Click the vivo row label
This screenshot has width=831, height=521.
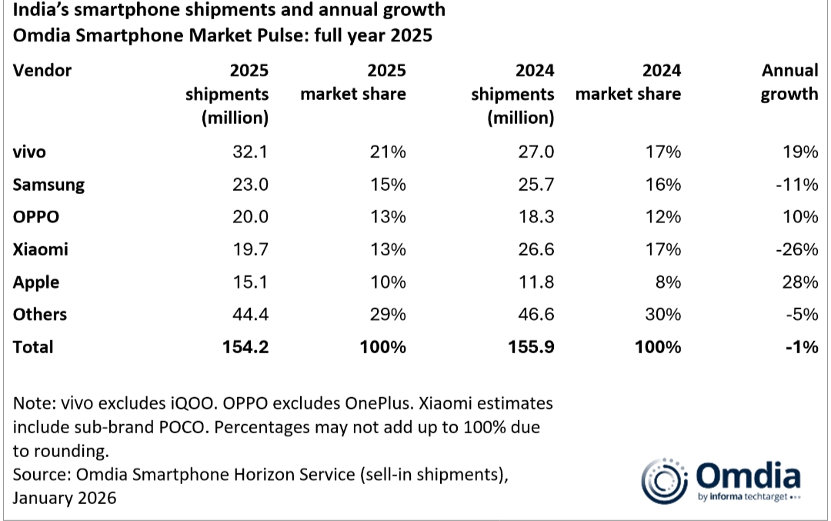pyautogui.click(x=29, y=152)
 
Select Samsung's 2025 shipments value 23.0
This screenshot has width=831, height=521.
pyautogui.click(x=250, y=185)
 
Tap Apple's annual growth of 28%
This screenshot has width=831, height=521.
pyautogui.click(x=801, y=282)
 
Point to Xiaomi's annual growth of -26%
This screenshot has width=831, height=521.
pyautogui.click(x=798, y=249)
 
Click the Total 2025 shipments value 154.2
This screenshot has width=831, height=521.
pyautogui.click(x=245, y=347)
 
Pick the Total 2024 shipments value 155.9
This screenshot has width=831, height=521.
pyautogui.click(x=531, y=347)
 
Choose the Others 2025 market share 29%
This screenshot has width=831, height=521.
pyautogui.click(x=389, y=314)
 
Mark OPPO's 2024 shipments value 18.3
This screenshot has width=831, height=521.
pyautogui.click(x=536, y=217)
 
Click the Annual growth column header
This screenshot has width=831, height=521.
pyautogui.click(x=789, y=82)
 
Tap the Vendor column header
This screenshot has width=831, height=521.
pyautogui.click(x=42, y=71)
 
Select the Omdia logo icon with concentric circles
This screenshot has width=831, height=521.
pyautogui.click(x=663, y=481)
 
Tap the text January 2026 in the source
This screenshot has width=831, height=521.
pyautogui.click(x=65, y=498)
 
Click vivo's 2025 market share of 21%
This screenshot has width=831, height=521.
pyautogui.click(x=389, y=152)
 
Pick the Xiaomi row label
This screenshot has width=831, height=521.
pyautogui.click(x=41, y=249)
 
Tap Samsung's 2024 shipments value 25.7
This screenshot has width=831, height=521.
pyautogui.click(x=536, y=185)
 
